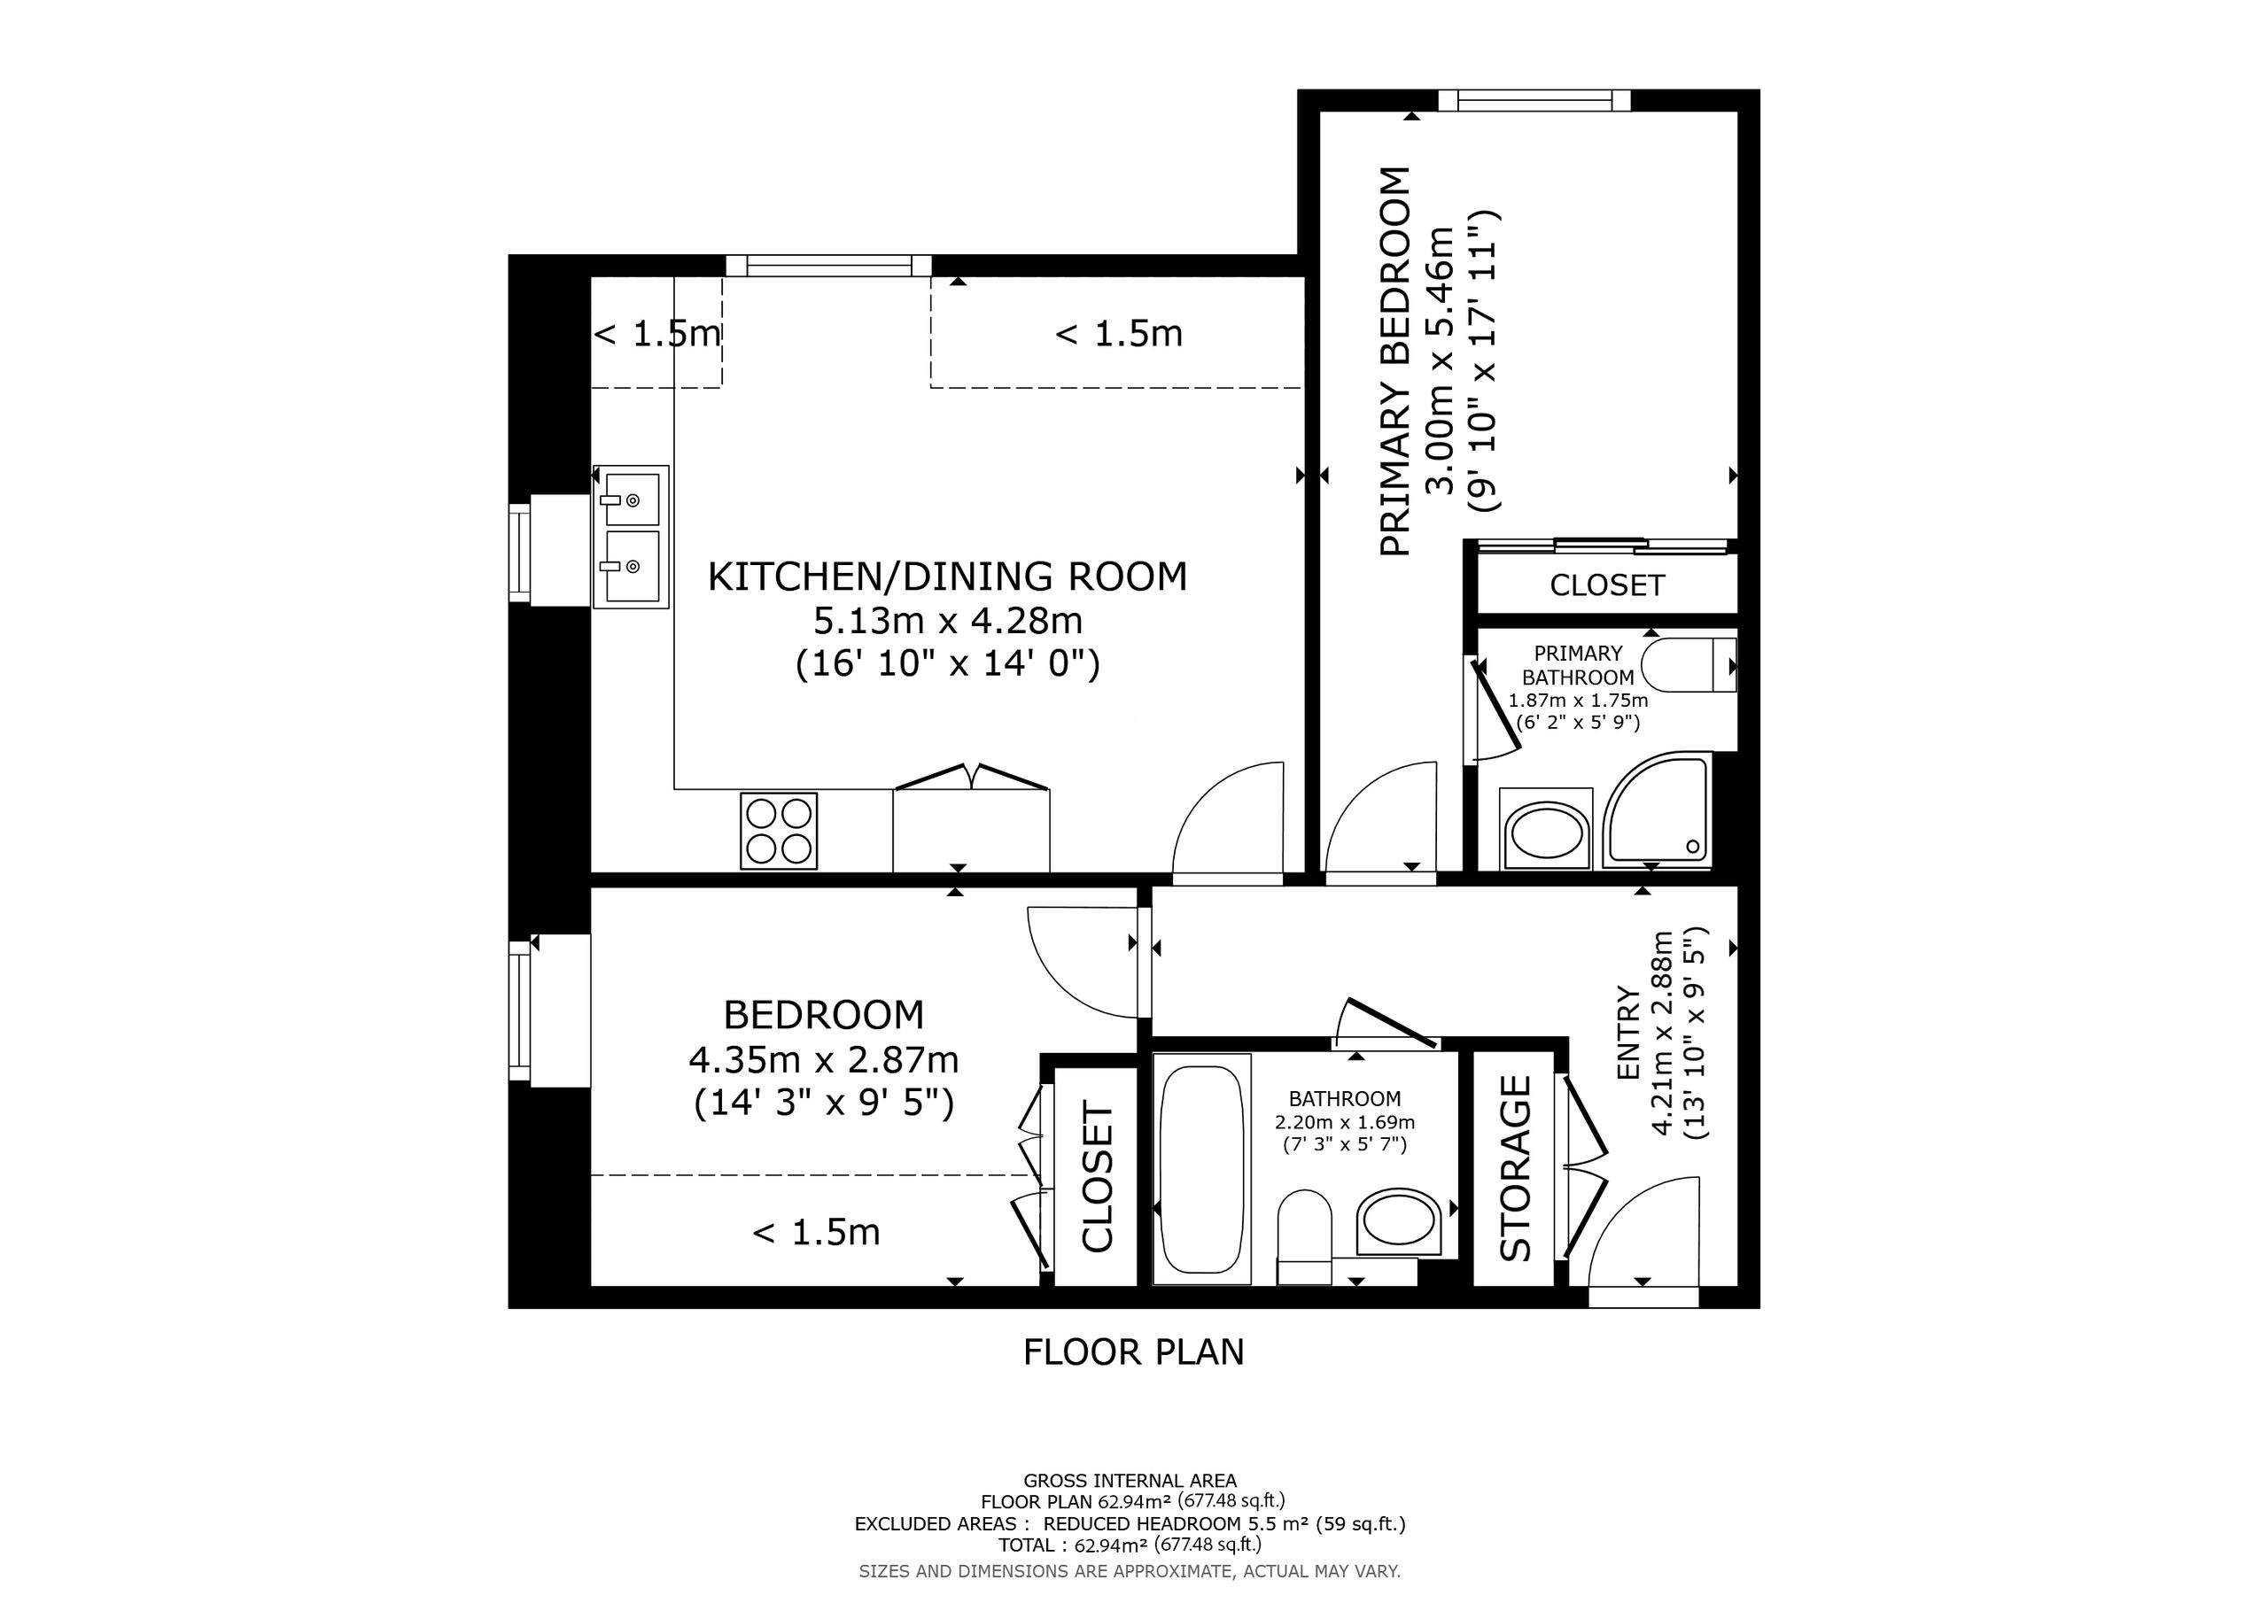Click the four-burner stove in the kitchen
point(779,831)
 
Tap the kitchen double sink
point(630,537)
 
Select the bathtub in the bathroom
point(1201,1169)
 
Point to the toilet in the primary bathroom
point(1689,665)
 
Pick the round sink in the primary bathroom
point(1546,830)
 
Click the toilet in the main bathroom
point(1304,1236)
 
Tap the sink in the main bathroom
point(1399,1222)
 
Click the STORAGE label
point(1515,1167)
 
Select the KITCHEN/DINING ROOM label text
point(947,577)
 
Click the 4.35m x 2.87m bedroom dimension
point(824,1060)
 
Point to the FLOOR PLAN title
point(1134,1352)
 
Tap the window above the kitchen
point(828,265)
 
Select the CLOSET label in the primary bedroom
point(1607,585)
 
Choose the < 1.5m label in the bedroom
point(816,1233)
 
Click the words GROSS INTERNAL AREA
point(1130,1481)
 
